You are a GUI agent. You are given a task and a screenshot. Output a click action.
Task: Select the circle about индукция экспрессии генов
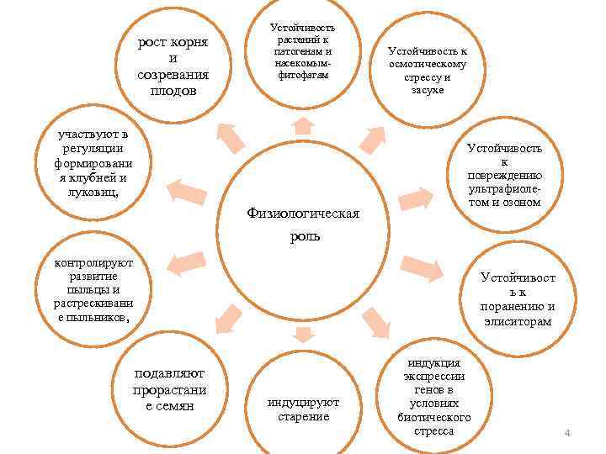pyautogui.click(x=433, y=395)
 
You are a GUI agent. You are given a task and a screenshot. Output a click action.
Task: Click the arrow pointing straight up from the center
pyautogui.click(x=303, y=126)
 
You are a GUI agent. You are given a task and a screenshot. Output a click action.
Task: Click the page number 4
pyautogui.click(x=567, y=433)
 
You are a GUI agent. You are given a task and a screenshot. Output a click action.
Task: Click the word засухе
pyautogui.click(x=428, y=90)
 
